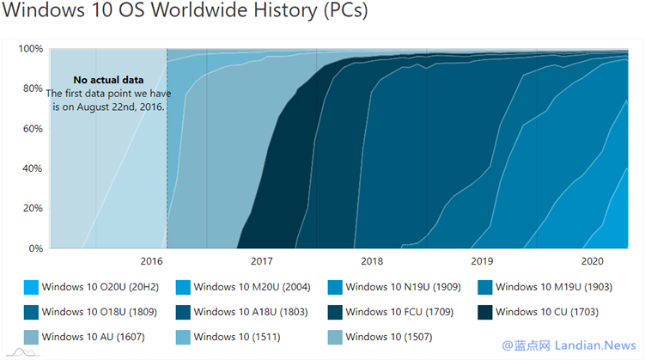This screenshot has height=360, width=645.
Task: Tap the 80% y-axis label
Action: click(32, 88)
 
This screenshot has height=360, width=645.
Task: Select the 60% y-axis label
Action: click(32, 129)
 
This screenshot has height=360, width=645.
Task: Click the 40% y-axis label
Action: click(32, 168)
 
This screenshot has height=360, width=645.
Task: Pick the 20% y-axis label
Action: click(32, 209)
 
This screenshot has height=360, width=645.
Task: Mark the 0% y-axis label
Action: click(35, 249)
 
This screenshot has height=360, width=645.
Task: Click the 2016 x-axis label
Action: click(151, 260)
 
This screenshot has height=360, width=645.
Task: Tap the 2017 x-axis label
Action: click(261, 260)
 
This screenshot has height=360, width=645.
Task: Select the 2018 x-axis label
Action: click(372, 260)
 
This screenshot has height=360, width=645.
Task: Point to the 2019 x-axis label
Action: click(482, 260)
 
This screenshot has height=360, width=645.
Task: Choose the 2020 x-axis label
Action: click(593, 260)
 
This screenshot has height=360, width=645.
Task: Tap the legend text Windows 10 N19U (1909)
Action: click(405, 287)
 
